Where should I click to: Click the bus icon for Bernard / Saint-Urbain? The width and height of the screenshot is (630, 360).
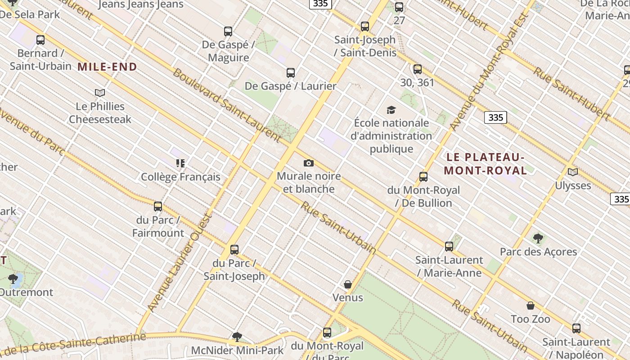click(x=40, y=40)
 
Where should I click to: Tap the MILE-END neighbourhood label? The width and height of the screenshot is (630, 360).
click(x=107, y=67)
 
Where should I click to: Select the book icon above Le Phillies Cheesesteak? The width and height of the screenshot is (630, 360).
click(x=100, y=93)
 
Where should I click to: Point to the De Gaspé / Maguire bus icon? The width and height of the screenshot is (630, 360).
click(x=228, y=31)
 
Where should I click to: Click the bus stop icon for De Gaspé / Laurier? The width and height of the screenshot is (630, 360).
click(x=291, y=72)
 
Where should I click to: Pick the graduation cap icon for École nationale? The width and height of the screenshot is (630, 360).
click(x=391, y=110)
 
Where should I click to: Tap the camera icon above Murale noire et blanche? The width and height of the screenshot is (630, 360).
click(x=309, y=163)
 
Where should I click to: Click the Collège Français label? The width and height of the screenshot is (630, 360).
click(x=180, y=177)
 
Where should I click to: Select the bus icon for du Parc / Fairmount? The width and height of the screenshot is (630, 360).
click(x=158, y=207)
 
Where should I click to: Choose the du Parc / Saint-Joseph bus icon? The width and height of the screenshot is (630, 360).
click(x=234, y=249)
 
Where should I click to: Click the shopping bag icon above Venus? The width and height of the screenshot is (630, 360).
click(x=347, y=284)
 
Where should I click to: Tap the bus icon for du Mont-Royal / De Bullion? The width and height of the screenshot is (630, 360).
click(x=423, y=177)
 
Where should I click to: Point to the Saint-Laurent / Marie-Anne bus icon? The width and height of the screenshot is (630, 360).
click(x=449, y=247)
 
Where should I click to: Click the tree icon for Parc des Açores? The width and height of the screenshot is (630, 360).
click(x=538, y=238)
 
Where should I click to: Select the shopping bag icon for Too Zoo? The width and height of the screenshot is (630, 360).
click(x=531, y=306)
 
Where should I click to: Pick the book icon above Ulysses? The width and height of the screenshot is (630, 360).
click(x=572, y=172)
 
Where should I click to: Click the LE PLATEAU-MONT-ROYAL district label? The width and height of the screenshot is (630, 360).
click(x=485, y=164)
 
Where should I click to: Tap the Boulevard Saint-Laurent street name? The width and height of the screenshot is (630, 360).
click(x=227, y=103)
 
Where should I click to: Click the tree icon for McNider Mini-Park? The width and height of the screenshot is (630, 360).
click(x=237, y=337)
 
